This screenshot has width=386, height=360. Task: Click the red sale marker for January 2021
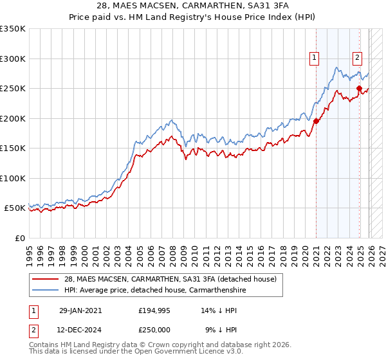(317, 121)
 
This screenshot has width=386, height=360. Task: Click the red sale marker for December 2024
(359, 88)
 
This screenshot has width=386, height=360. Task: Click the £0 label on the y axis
(19, 238)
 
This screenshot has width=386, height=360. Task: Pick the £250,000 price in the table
(154, 329)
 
